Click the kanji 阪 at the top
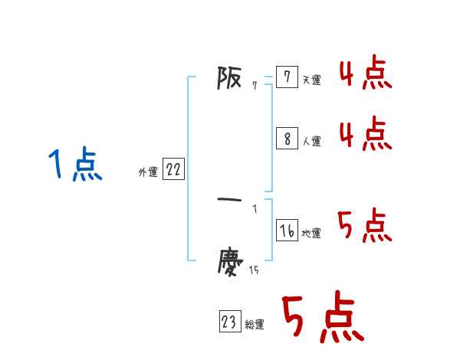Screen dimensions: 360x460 231,78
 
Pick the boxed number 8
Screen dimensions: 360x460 287,139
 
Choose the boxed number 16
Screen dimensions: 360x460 287,231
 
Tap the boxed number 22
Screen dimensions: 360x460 173,170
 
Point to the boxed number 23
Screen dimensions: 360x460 229,322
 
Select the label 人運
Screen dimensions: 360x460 312,142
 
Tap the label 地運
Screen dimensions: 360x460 311,234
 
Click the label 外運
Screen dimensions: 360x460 148,173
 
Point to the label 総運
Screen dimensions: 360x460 255,326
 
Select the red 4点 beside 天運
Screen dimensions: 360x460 366,75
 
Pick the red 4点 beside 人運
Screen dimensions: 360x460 366,134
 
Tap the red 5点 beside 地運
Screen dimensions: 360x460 366,225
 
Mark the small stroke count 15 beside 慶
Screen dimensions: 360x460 254,270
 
